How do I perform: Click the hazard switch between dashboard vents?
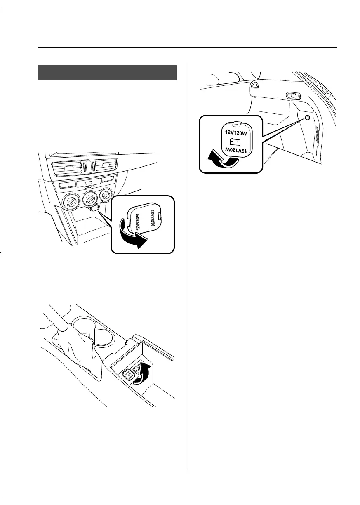coord(86,166)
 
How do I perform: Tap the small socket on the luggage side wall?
coord(308,119)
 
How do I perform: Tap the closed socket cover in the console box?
coord(128,374)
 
